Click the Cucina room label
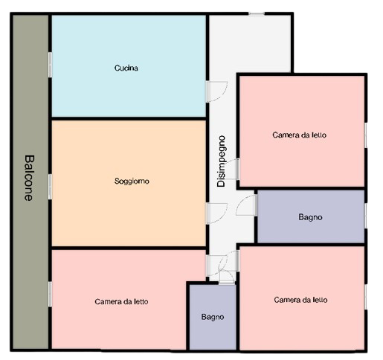tap(126, 68)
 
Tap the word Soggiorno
tap(132, 181)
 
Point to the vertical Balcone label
tap(29, 178)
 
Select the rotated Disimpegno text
tap(221, 161)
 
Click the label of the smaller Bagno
tap(213, 317)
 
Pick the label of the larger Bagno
tap(310, 217)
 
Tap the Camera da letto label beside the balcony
tap(121, 301)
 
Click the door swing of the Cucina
tap(217, 91)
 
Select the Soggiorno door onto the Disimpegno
tap(217, 213)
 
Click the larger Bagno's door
tap(246, 205)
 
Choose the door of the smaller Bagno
tap(227, 277)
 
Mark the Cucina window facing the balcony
tap(50, 65)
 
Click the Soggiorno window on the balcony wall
tap(50, 187)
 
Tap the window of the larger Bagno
tap(365, 216)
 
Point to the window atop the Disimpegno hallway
tap(257, 13)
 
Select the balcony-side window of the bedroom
tap(50, 294)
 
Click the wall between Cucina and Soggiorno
tap(129, 118)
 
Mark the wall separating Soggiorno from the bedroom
tap(129, 248)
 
